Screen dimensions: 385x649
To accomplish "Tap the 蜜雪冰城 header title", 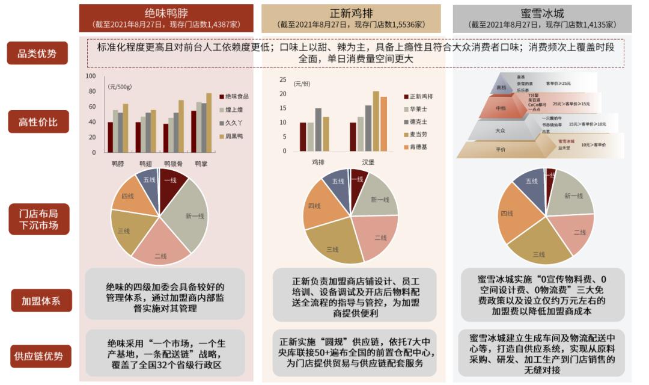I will pyautogui.click(x=542, y=13).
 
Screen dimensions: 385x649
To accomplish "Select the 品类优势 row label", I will pyautogui.click(x=37, y=54).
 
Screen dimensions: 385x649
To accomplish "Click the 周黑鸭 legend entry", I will pyautogui.click(x=234, y=137).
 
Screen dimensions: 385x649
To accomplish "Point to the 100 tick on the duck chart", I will pyautogui.click(x=91, y=76).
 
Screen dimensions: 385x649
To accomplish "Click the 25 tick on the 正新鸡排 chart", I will pyautogui.click(x=282, y=79).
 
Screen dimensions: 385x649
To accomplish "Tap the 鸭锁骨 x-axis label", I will pyautogui.click(x=174, y=164).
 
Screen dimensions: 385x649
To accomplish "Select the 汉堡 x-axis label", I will pyautogui.click(x=368, y=162).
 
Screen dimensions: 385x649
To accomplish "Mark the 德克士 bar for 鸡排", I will pyautogui.click(x=318, y=130).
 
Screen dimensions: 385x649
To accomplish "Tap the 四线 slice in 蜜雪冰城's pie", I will pyautogui.click(x=508, y=214).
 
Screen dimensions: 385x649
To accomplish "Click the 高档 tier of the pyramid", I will pyautogui.click(x=501, y=88).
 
